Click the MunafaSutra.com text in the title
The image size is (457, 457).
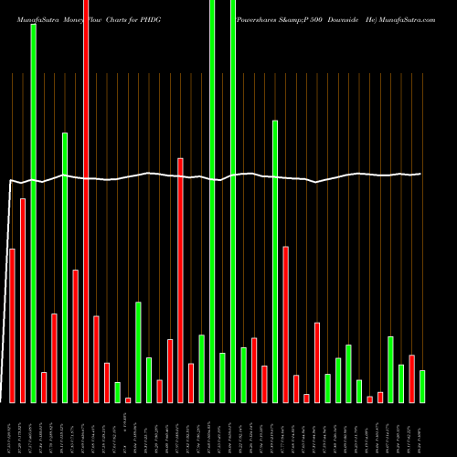coord(404,18)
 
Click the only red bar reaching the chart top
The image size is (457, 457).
coord(86,201)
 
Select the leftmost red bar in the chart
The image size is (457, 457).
coord(12,324)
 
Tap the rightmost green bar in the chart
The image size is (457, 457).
coord(422,386)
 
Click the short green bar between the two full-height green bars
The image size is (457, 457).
coord(222,377)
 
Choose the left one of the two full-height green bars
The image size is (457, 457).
coord(212,201)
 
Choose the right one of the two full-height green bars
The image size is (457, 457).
coord(233,201)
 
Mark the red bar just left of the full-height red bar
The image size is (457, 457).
coord(75,335)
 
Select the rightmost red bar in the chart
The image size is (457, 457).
coord(411,377)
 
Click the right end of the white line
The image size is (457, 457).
coord(420,174)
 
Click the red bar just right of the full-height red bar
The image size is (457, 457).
coord(96,358)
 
